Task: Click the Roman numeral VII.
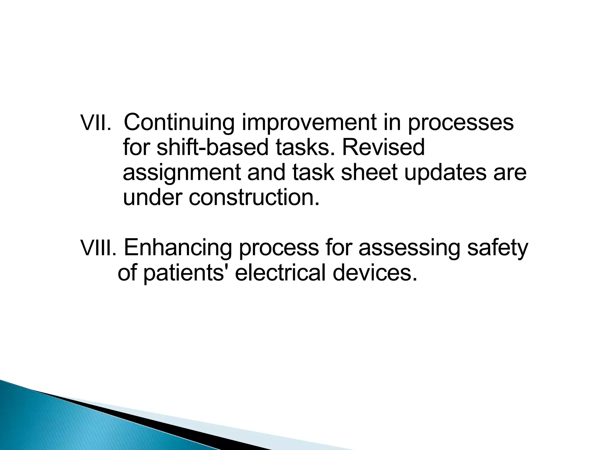(95, 123)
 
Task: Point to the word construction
(254, 198)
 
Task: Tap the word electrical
(280, 273)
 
